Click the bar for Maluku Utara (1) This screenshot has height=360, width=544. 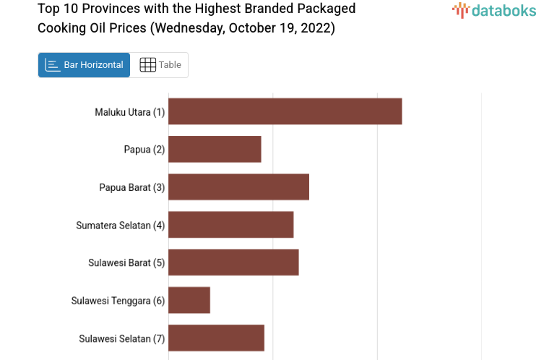[285, 111]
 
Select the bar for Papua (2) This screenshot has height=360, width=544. [215, 149]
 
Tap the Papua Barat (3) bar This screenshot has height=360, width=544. [238, 187]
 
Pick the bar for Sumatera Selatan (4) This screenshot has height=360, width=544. [230, 225]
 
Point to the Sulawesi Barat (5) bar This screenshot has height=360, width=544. [233, 262]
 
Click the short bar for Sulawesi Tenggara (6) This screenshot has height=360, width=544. [189, 300]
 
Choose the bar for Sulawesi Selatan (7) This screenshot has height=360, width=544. [216, 338]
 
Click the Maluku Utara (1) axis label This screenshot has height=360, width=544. [130, 112]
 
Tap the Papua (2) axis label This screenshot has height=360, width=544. [144, 150]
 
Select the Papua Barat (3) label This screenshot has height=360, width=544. [132, 187]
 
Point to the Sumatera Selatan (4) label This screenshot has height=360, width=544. [121, 225]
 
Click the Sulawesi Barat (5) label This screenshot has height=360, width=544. [127, 262]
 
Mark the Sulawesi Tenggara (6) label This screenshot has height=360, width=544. [118, 301]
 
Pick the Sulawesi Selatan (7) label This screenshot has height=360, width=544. [122, 338]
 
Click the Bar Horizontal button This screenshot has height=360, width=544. [85, 65]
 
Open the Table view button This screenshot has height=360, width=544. [160, 65]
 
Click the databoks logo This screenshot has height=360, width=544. [494, 10]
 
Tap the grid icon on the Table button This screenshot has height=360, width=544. [147, 65]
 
